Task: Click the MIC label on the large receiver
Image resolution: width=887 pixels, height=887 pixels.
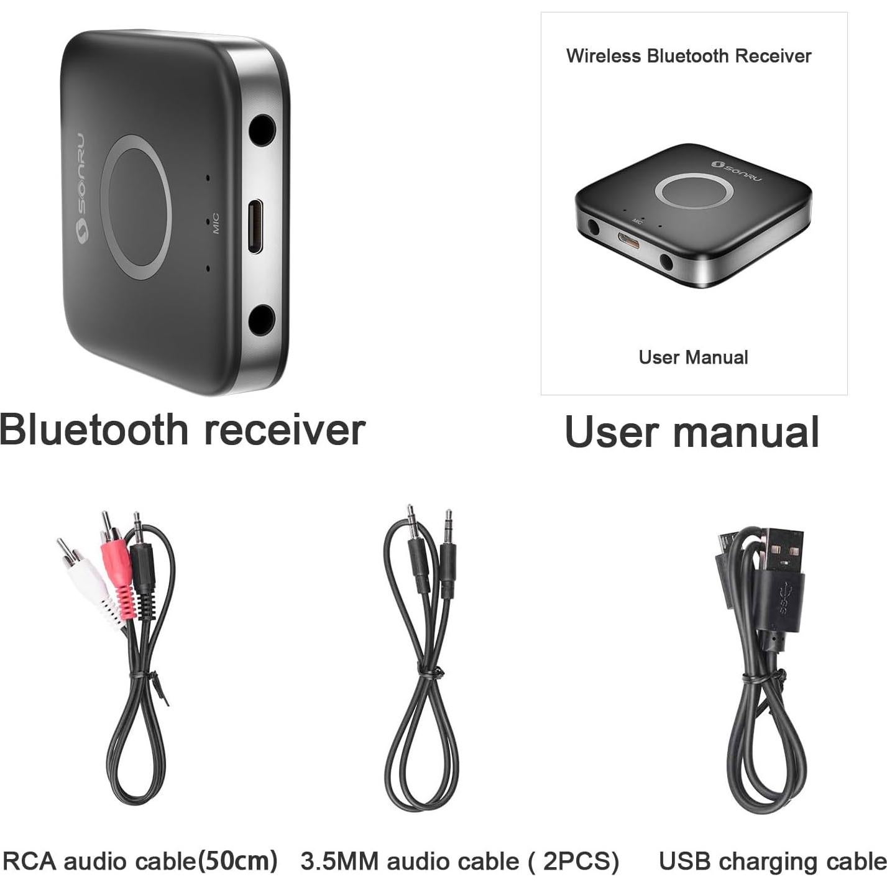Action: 215,224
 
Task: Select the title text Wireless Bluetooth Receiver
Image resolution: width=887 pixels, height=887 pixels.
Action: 689,56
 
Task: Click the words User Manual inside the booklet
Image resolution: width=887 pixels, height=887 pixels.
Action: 693,357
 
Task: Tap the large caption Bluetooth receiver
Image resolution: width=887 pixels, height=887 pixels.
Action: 182,430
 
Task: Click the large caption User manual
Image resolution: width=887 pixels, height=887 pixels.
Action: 692,432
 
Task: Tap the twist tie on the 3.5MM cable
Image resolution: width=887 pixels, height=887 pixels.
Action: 430,674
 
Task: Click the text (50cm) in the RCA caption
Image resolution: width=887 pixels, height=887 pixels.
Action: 237,860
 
